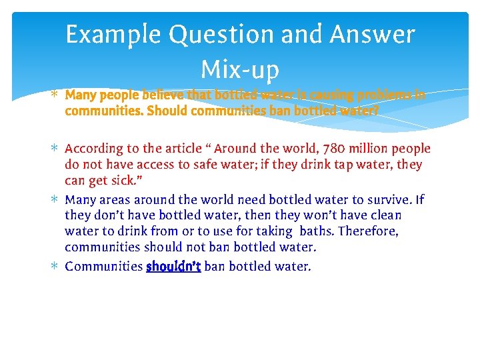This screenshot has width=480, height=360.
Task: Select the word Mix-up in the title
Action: tap(239, 69)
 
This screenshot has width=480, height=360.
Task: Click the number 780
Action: tap(327, 149)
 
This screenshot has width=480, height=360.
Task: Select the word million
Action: tap(365, 149)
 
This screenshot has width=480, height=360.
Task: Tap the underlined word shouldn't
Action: tap(173, 267)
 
